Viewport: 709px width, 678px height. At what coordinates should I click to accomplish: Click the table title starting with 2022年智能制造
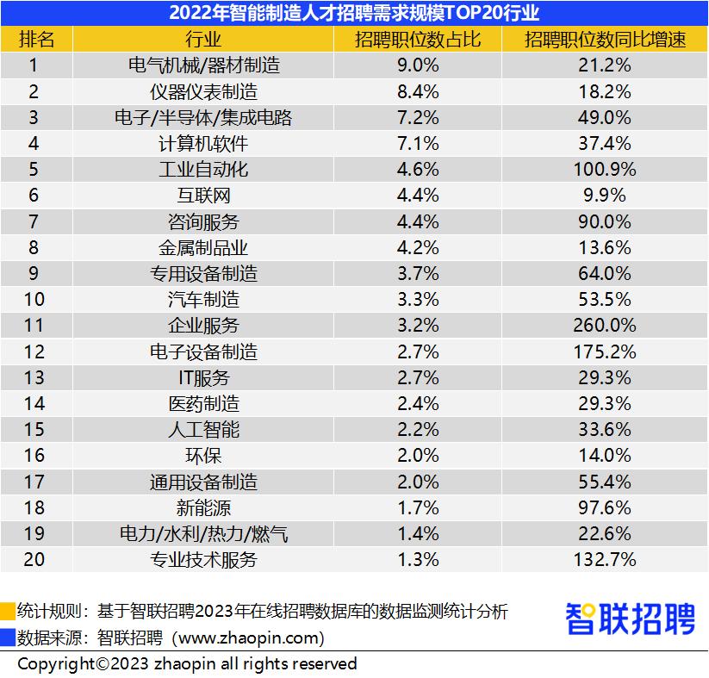point(354,12)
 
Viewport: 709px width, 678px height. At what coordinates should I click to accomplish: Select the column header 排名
point(36,39)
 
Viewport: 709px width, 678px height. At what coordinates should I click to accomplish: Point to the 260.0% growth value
point(604,326)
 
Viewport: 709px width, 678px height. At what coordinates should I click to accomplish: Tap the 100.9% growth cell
point(604,170)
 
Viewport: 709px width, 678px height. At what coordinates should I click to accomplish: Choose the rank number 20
point(34,559)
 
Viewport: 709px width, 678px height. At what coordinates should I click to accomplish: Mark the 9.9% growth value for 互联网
point(604,196)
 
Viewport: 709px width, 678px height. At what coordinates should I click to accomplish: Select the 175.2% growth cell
point(604,351)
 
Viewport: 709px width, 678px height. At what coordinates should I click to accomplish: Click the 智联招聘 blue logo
point(630,619)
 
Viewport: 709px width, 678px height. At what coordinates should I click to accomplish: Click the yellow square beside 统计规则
point(8,613)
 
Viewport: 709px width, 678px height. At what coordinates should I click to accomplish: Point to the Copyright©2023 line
point(187,663)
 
